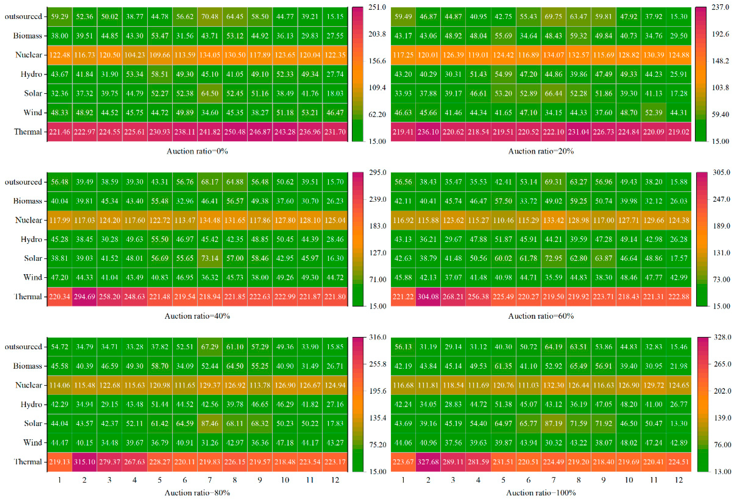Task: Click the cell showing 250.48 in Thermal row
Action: click(x=235, y=132)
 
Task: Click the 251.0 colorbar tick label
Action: click(x=377, y=7)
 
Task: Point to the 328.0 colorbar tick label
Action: click(x=722, y=337)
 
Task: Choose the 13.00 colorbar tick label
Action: click(x=722, y=471)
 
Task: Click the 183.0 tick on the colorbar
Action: click(x=377, y=226)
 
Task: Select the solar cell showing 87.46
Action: click(x=210, y=424)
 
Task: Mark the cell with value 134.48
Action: click(x=210, y=220)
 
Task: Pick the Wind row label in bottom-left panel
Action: click(x=33, y=443)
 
